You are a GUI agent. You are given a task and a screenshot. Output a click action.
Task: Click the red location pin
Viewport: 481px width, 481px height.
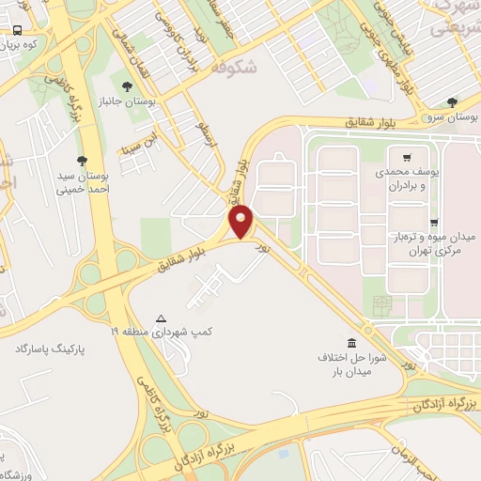click(x=242, y=223)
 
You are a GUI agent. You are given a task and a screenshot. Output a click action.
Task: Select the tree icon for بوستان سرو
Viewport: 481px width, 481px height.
click(x=453, y=101)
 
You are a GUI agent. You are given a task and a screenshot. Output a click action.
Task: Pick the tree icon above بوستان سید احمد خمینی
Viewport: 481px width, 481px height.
click(x=82, y=161)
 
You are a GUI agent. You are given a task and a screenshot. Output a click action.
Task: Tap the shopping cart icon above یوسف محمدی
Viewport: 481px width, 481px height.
click(x=406, y=157)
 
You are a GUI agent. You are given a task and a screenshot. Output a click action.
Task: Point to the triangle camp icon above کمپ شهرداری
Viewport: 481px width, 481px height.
click(x=162, y=318)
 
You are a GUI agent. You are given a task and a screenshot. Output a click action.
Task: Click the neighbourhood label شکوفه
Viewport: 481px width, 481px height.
click(x=233, y=67)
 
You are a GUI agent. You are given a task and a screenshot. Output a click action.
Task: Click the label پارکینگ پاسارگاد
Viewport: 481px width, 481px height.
click(x=49, y=349)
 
